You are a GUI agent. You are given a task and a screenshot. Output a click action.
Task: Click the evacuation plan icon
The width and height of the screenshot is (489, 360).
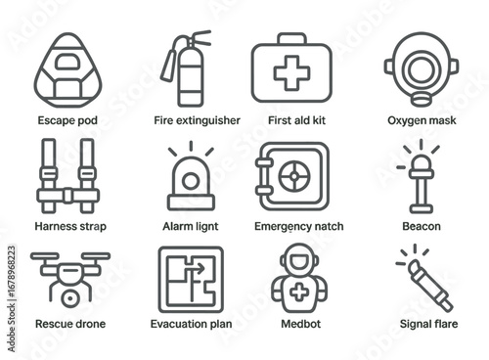(x=190, y=280)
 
